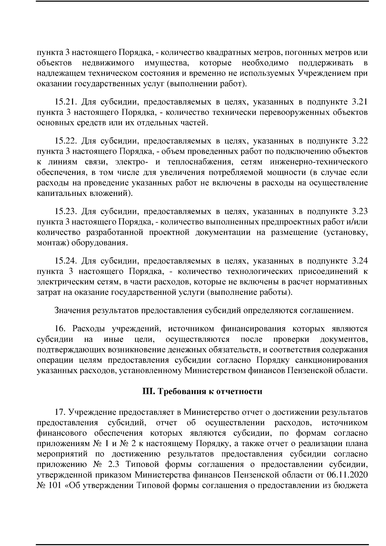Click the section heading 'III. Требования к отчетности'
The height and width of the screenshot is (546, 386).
pyautogui.click(x=202, y=391)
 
